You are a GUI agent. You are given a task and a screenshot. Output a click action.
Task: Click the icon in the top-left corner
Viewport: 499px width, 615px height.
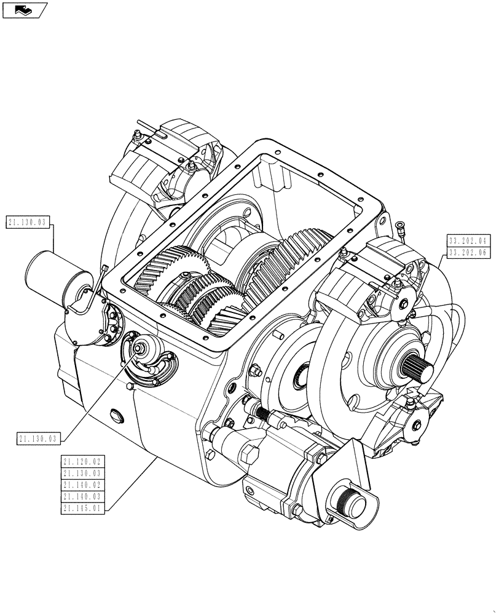25,9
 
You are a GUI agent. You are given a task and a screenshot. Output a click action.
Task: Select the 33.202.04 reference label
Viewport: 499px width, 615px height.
468,240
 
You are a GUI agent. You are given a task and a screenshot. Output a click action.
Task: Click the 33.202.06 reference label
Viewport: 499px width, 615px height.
468,252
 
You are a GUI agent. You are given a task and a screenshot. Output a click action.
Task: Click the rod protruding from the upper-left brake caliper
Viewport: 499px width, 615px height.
146,127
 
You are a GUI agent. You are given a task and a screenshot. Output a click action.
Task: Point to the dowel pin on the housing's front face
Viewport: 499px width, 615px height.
278,336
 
